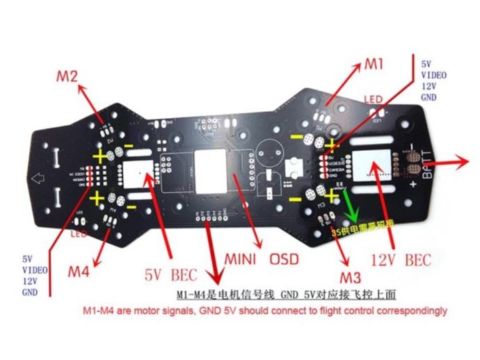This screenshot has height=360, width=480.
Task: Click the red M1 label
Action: [x=374, y=65]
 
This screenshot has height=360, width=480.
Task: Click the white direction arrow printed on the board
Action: [x=40, y=179]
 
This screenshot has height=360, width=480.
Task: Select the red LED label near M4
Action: [x=78, y=234]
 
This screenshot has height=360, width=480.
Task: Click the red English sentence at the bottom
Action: [x=265, y=311]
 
